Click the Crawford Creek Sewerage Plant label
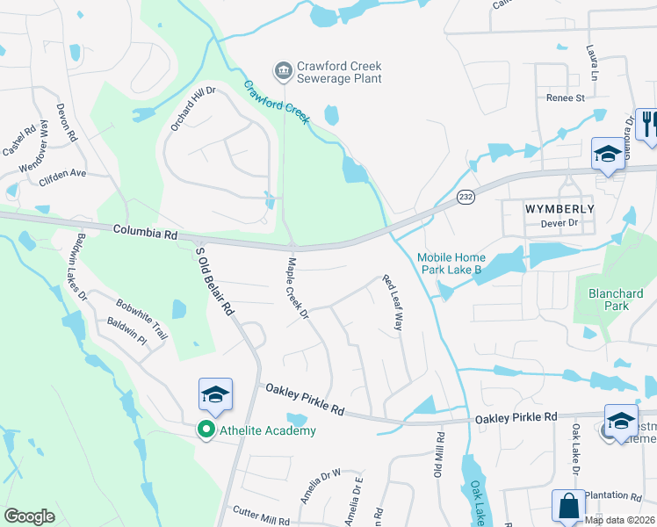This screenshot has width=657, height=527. [340, 72]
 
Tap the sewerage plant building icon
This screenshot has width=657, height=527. [283, 69]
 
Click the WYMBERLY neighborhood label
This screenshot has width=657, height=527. [560, 209]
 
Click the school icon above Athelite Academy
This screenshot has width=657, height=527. [215, 396]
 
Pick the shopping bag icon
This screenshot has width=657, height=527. [568, 507]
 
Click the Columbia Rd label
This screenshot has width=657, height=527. [145, 233]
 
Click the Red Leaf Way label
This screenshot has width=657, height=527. [392, 303]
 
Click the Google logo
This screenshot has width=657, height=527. [29, 516]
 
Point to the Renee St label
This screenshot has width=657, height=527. [565, 98]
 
